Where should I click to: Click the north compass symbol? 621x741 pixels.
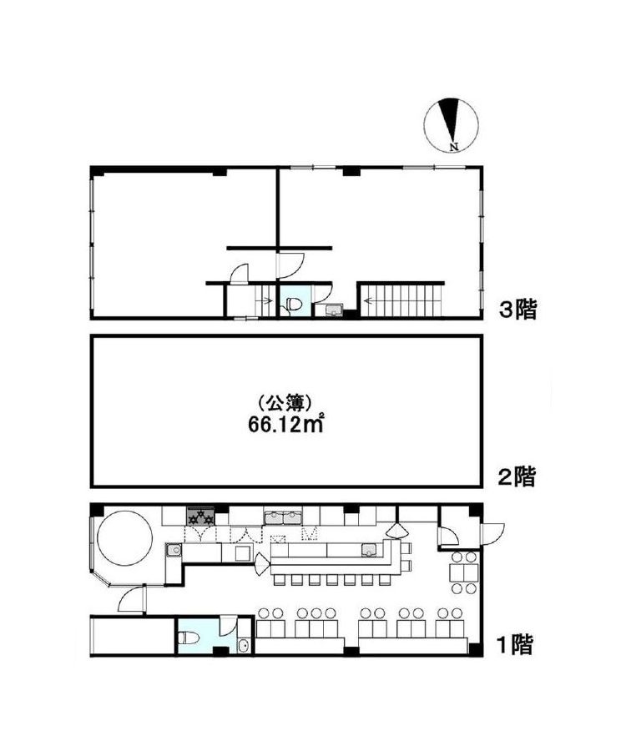451,125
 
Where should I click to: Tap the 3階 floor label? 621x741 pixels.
518,310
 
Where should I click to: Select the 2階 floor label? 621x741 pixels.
517,476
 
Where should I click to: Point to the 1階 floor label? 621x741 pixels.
515,644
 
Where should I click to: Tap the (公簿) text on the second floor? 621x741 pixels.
284,403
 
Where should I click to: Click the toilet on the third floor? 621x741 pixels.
292,305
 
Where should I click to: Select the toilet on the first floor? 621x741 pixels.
189,638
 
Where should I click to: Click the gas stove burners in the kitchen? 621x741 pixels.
201,516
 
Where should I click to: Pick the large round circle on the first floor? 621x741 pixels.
124,537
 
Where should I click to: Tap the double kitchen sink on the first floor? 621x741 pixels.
283,517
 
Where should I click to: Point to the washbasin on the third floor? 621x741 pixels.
335,310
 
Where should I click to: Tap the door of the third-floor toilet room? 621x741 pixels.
323,292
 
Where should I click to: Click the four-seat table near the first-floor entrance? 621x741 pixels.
463,572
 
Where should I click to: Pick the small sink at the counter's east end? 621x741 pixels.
369,550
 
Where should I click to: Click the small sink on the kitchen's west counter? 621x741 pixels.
173,550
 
